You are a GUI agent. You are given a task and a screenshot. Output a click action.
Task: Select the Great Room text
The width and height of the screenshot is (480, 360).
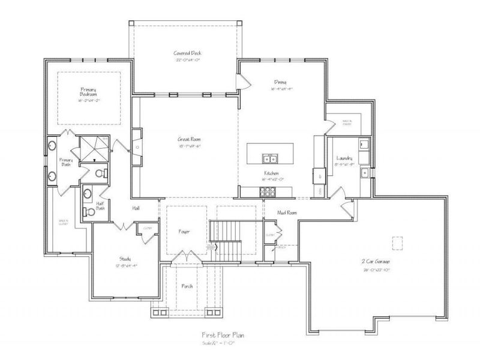tap(188, 137)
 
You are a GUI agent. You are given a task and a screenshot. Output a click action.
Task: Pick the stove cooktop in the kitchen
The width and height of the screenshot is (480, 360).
tap(267, 191)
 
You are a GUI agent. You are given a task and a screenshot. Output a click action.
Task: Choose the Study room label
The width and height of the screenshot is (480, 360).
tap(125, 259)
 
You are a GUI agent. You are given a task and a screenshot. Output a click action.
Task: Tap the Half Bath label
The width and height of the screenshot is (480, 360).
tap(101, 206)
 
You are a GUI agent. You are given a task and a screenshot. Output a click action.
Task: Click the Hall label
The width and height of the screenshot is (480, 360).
tap(136, 208)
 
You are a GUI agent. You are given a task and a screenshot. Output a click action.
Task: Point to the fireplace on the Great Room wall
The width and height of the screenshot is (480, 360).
tap(138, 146)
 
